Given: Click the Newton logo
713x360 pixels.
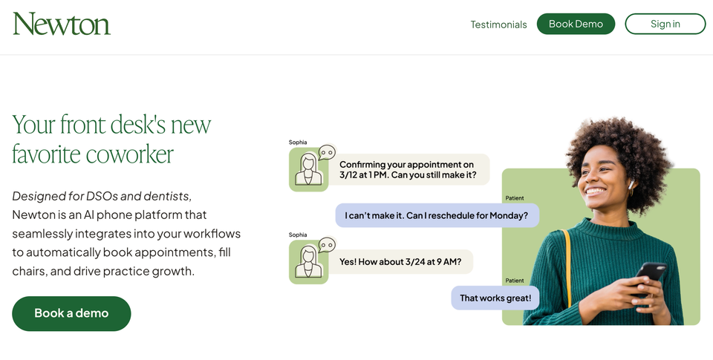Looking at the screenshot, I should pos(62,24).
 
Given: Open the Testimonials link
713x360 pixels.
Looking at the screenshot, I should pos(498,24).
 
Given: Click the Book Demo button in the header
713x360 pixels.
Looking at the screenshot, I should pos(576,24).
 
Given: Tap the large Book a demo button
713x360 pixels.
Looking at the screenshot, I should pos(71,313).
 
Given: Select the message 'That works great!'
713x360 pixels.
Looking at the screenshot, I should pos(495,298).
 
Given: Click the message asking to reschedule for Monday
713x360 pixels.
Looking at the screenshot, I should pos(437,215).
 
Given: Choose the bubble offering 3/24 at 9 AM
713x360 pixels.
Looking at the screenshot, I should pos(400,261).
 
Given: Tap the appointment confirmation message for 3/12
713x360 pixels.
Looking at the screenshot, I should pos(407,169).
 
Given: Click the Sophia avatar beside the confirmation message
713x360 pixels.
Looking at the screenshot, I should pos(308,170).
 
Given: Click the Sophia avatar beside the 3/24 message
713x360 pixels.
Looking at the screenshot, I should pos(308,262).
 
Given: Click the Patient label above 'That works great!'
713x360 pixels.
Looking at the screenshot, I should pos(514,281).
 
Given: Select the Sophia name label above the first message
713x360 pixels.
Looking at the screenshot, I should pos(298,142).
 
